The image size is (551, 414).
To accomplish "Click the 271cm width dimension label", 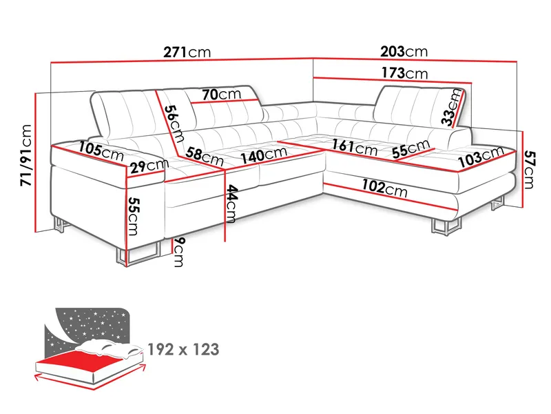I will click(x=187, y=52).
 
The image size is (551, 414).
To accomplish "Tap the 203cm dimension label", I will click(x=404, y=52).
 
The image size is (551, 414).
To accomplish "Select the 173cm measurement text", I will click(x=404, y=73).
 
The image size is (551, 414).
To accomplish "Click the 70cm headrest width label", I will click(x=221, y=94).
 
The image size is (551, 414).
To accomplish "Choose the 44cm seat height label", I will click(x=231, y=204).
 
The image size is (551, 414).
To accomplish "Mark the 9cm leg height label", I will click(x=178, y=253).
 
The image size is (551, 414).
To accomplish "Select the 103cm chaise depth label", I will click(x=479, y=161).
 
